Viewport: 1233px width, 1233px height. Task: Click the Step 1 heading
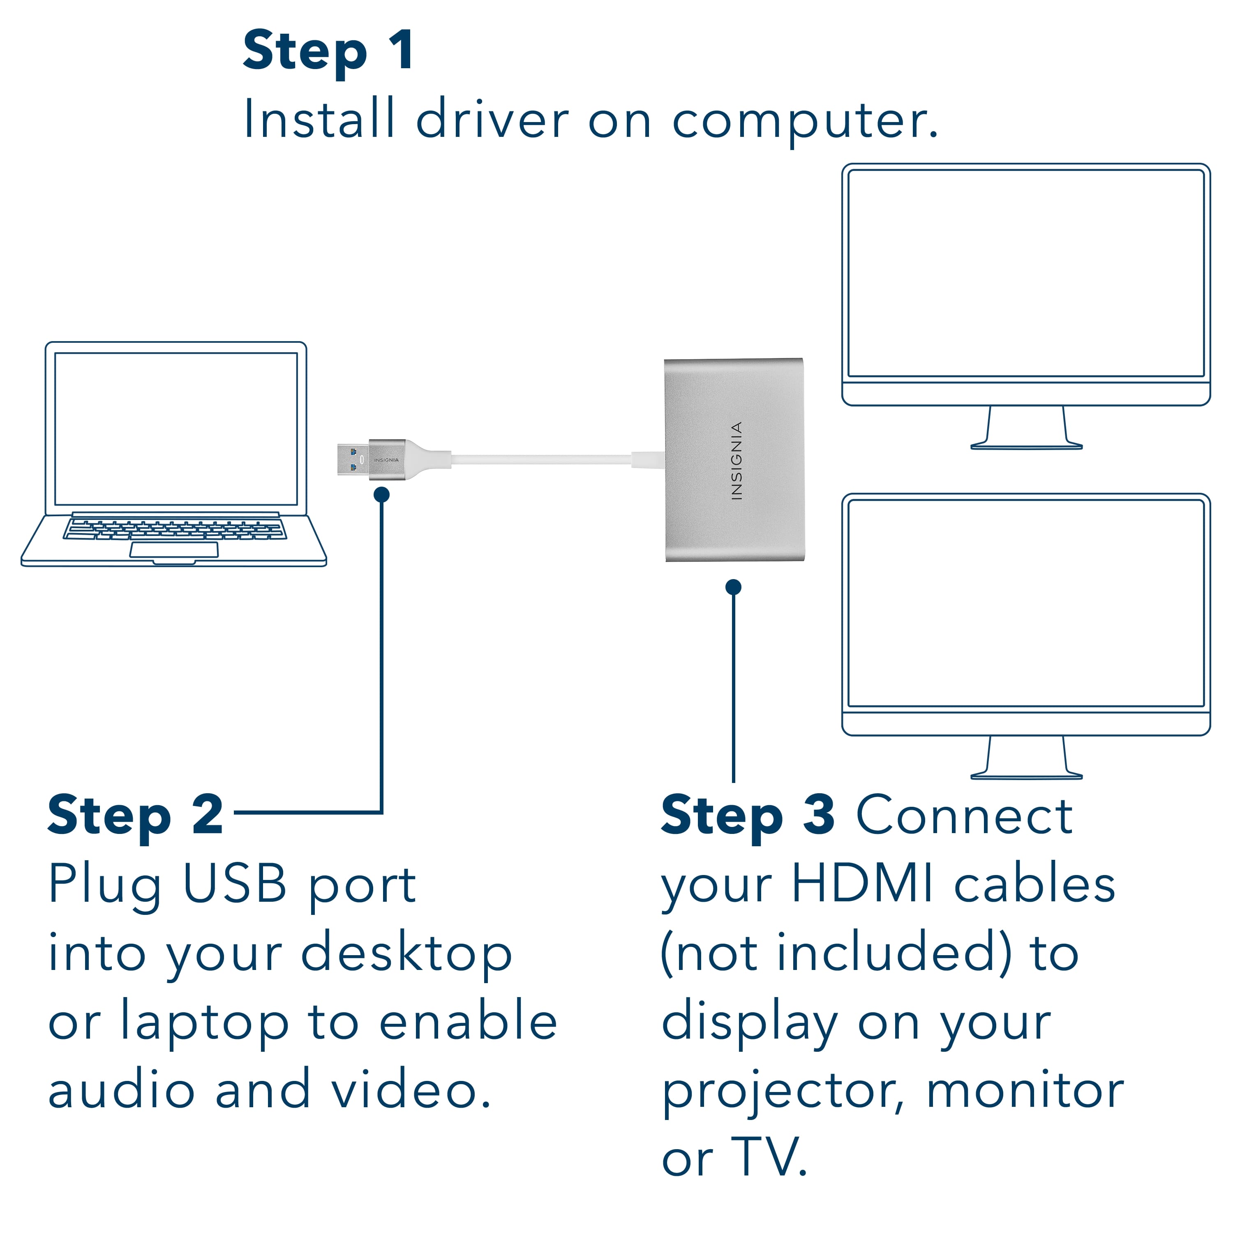coord(328,51)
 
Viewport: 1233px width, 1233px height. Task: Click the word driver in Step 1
coord(492,119)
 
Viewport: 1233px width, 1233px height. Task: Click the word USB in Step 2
coord(234,884)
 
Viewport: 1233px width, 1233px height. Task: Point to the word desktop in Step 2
coord(406,954)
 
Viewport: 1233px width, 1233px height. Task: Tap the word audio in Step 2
coord(121,1091)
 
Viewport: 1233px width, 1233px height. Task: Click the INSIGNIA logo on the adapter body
coord(736,460)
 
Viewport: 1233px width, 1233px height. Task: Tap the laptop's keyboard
coord(174,529)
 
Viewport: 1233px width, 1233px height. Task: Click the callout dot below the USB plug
coord(382,494)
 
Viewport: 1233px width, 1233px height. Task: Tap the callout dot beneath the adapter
coord(733,586)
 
